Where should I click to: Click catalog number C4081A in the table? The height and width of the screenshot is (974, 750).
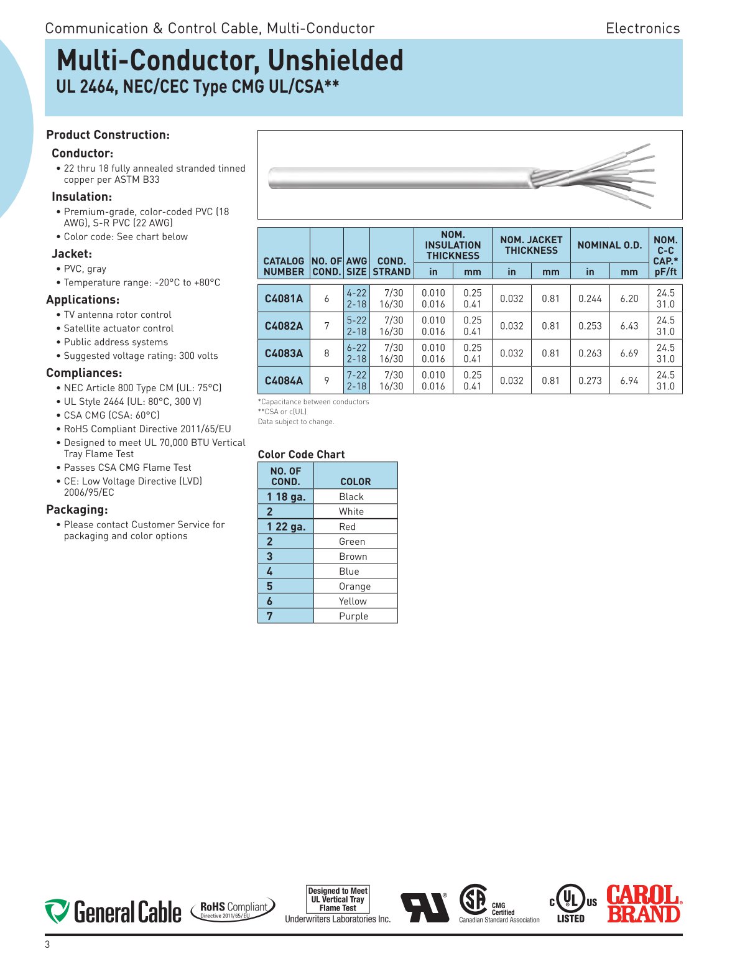click(284, 299)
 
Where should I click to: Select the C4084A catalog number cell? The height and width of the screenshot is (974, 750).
click(284, 381)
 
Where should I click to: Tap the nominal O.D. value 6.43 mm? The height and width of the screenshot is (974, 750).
click(629, 326)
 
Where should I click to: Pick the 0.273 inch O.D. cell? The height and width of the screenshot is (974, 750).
click(590, 381)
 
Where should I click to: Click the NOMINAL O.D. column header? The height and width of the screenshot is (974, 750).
click(609, 245)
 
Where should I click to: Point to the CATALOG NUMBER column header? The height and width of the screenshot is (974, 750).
click(284, 266)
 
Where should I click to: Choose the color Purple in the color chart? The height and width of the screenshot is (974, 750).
click(353, 616)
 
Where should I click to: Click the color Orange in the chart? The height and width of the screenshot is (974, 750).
click(354, 587)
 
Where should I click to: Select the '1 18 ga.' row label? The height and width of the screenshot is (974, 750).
click(286, 497)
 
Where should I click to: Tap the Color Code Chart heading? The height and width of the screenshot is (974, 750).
click(301, 455)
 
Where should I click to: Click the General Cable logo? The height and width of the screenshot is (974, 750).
click(113, 912)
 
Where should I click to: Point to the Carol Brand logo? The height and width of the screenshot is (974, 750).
click(644, 904)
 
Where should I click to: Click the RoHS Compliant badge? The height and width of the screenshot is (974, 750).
click(233, 909)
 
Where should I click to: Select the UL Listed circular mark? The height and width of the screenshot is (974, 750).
click(571, 903)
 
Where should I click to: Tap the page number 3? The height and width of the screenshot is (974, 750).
click(47, 945)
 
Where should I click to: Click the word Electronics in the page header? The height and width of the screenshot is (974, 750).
click(642, 29)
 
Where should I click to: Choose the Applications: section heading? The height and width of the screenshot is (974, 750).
click(83, 300)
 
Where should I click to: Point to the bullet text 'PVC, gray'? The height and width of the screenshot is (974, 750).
click(85, 269)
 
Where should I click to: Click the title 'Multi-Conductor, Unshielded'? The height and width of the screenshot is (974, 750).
click(230, 61)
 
